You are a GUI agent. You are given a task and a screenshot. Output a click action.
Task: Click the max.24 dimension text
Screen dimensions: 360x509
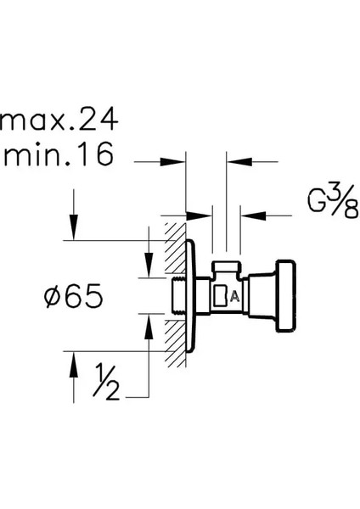tap(59, 120)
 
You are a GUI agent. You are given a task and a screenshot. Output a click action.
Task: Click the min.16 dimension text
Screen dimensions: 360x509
tap(59, 154)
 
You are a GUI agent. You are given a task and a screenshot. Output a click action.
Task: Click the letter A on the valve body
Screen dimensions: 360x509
tap(234, 297)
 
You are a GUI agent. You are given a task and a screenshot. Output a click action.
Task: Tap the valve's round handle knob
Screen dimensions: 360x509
tap(285, 296)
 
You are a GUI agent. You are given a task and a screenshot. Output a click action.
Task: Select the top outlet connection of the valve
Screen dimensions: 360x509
tap(226, 268)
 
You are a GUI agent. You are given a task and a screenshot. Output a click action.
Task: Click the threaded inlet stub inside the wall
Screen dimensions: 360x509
tap(178, 296)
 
